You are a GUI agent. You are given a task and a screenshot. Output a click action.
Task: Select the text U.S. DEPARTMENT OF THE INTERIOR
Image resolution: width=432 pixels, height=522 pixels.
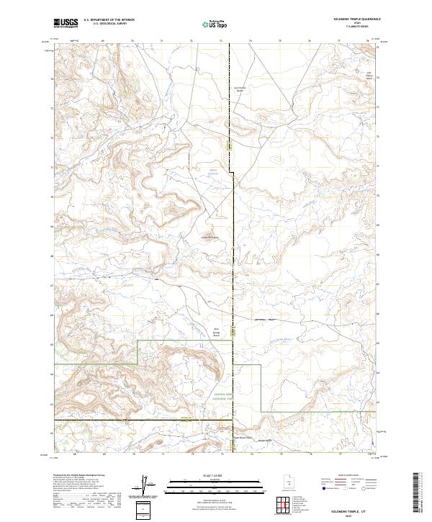tap(109, 22)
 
